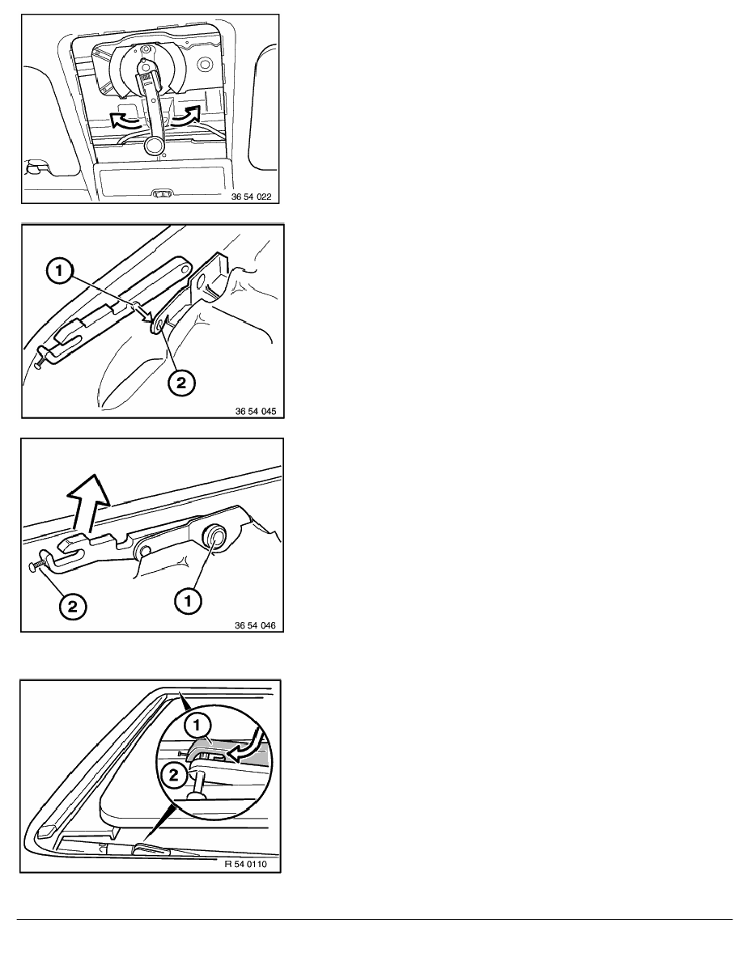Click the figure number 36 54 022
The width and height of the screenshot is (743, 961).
click(251, 197)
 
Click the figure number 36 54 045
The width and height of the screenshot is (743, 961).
click(256, 411)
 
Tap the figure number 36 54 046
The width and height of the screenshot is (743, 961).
click(255, 626)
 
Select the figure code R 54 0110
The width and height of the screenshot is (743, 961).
click(246, 865)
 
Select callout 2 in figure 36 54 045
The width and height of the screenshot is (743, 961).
click(180, 383)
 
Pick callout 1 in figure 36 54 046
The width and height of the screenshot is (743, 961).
click(189, 601)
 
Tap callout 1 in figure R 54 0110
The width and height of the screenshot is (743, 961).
click(196, 725)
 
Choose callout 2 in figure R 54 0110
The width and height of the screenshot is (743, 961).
click(174, 775)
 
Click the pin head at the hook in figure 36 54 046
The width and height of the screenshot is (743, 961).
click(32, 567)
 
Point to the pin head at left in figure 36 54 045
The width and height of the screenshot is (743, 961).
click(39, 364)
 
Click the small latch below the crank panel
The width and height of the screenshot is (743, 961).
click(163, 193)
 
